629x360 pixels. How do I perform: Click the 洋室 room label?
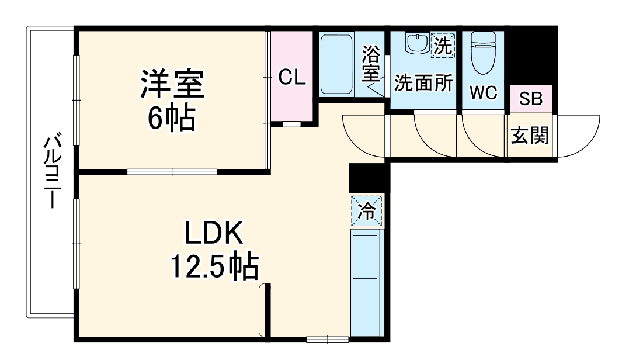pyautogui.click(x=172, y=84)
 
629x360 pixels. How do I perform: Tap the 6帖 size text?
pyautogui.click(x=172, y=118)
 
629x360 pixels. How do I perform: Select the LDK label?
pyautogui.click(x=214, y=233)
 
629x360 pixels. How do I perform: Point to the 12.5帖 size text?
pyautogui.click(x=214, y=266)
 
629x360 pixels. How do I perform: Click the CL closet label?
pyautogui.click(x=292, y=77)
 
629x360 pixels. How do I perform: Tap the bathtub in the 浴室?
pyautogui.click(x=336, y=64)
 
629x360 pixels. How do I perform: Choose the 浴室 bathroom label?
pyautogui.click(x=371, y=64)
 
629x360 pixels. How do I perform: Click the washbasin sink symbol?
pyautogui.click(x=417, y=43)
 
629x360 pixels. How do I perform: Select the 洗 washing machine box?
pyautogui.click(x=443, y=46)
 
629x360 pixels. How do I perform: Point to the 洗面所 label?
pyautogui.click(x=423, y=83)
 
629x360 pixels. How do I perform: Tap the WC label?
pyautogui.click(x=484, y=93)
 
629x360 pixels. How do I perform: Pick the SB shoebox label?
pyautogui.click(x=530, y=99)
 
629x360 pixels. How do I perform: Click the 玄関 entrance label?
pyautogui.click(x=530, y=135)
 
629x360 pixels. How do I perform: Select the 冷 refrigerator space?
pyautogui.click(x=367, y=211)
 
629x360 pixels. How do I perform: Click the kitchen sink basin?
pyautogui.click(x=364, y=257)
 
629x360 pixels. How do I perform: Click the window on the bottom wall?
pyautogui.click(x=327, y=340)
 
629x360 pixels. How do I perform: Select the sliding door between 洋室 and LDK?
pyautogui.click(x=172, y=172)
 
